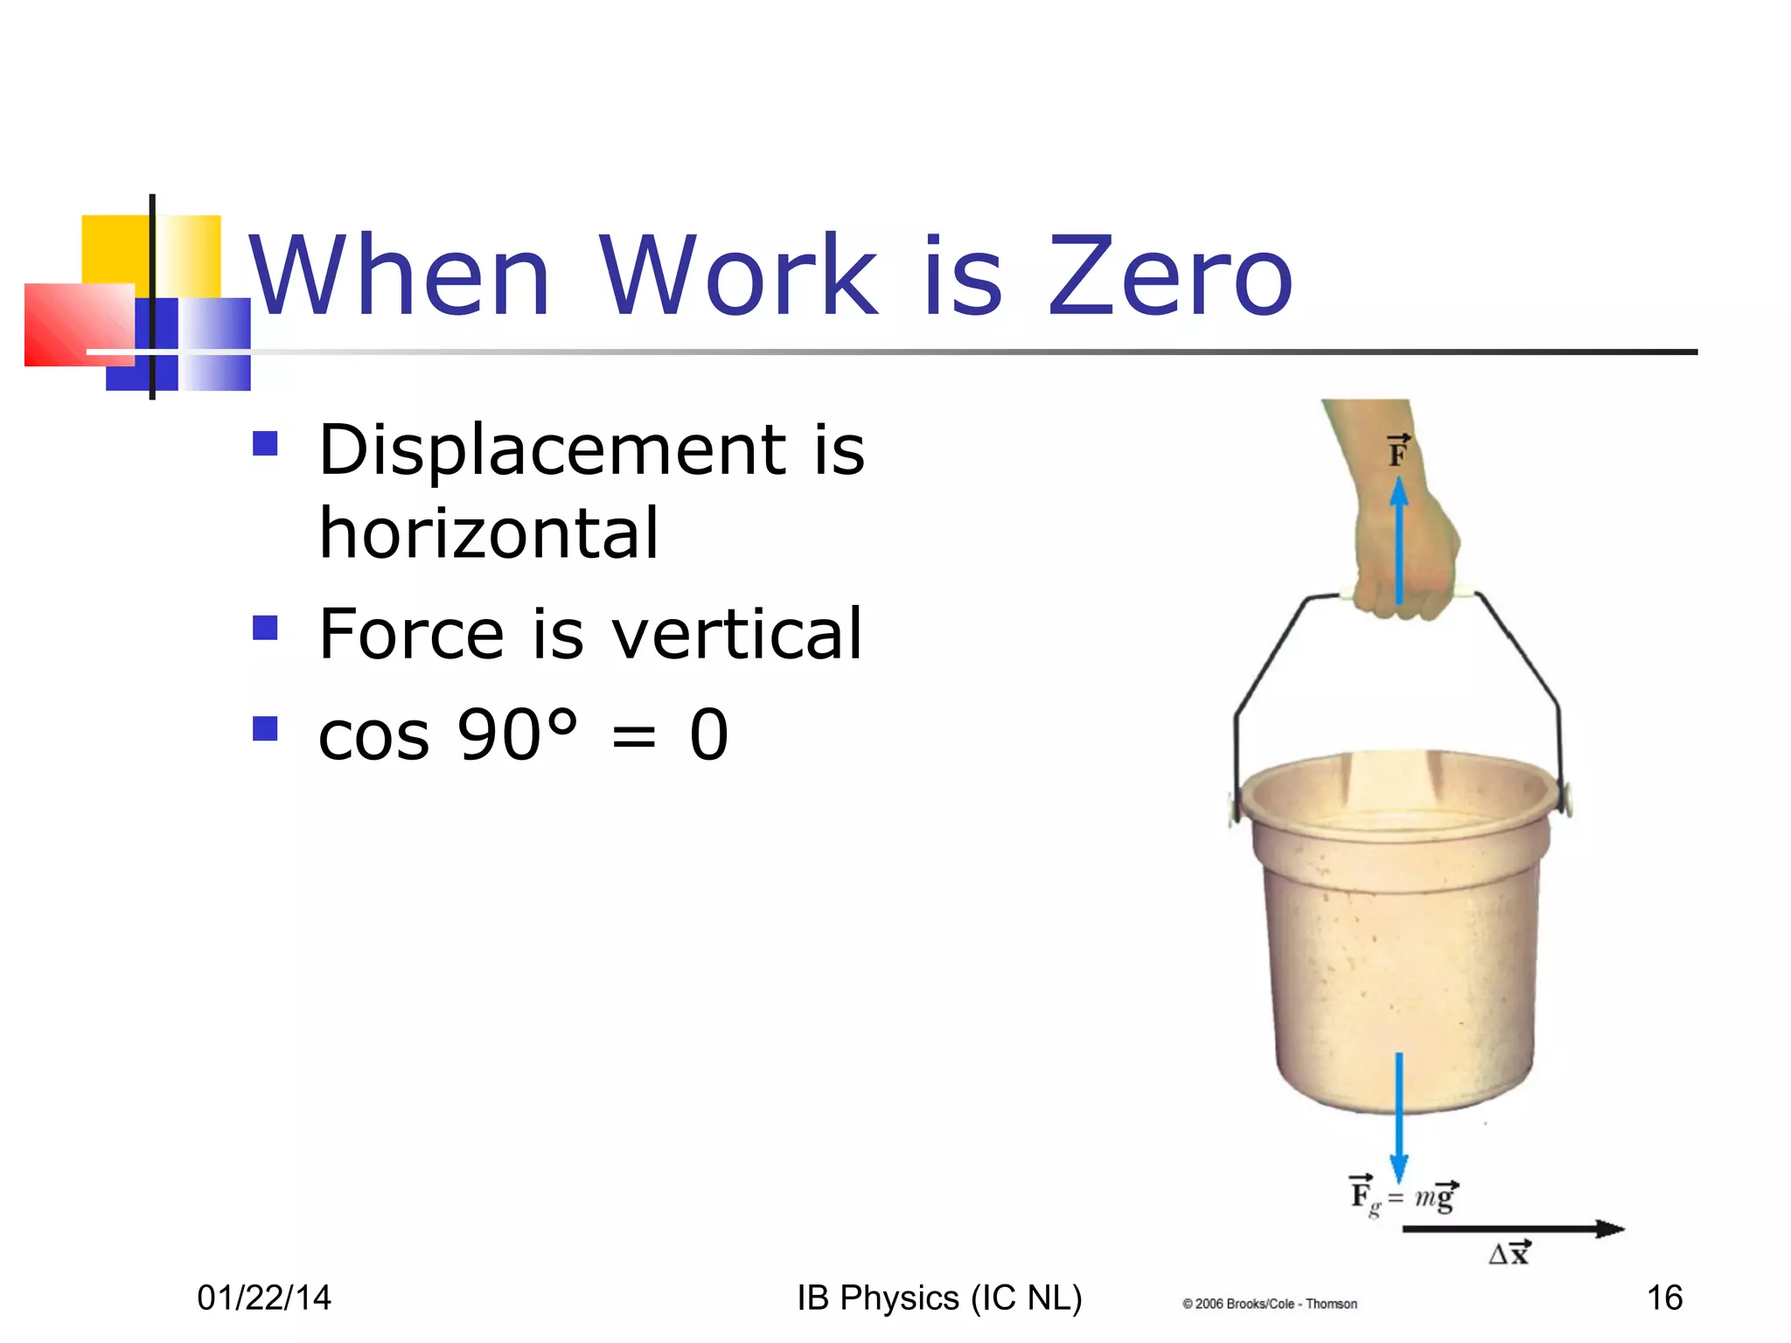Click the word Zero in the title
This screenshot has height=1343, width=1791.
click(1169, 276)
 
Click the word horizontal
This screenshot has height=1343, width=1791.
click(489, 533)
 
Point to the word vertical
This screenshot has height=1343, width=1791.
click(736, 634)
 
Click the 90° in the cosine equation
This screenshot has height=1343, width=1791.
click(517, 734)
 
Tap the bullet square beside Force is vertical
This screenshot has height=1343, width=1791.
click(265, 628)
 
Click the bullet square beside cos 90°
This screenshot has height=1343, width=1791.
click(265, 728)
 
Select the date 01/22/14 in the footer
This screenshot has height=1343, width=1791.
click(264, 1298)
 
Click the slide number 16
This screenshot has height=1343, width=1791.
click(1664, 1298)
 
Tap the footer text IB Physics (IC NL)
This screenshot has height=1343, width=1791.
click(939, 1298)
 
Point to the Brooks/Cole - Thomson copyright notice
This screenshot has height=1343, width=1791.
click(1269, 1304)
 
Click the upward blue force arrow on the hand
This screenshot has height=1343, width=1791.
click(1399, 542)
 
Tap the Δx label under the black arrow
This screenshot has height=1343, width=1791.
click(1509, 1253)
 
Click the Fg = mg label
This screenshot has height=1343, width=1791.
click(1403, 1195)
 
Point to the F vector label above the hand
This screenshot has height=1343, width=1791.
click(1398, 451)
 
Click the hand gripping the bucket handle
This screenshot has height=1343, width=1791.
click(1408, 560)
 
